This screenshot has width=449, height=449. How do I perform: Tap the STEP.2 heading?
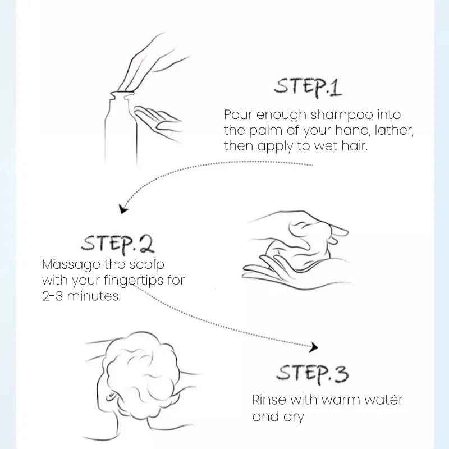118,244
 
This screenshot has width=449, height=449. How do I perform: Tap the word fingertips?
134,280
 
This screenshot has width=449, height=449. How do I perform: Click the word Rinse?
269,400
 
